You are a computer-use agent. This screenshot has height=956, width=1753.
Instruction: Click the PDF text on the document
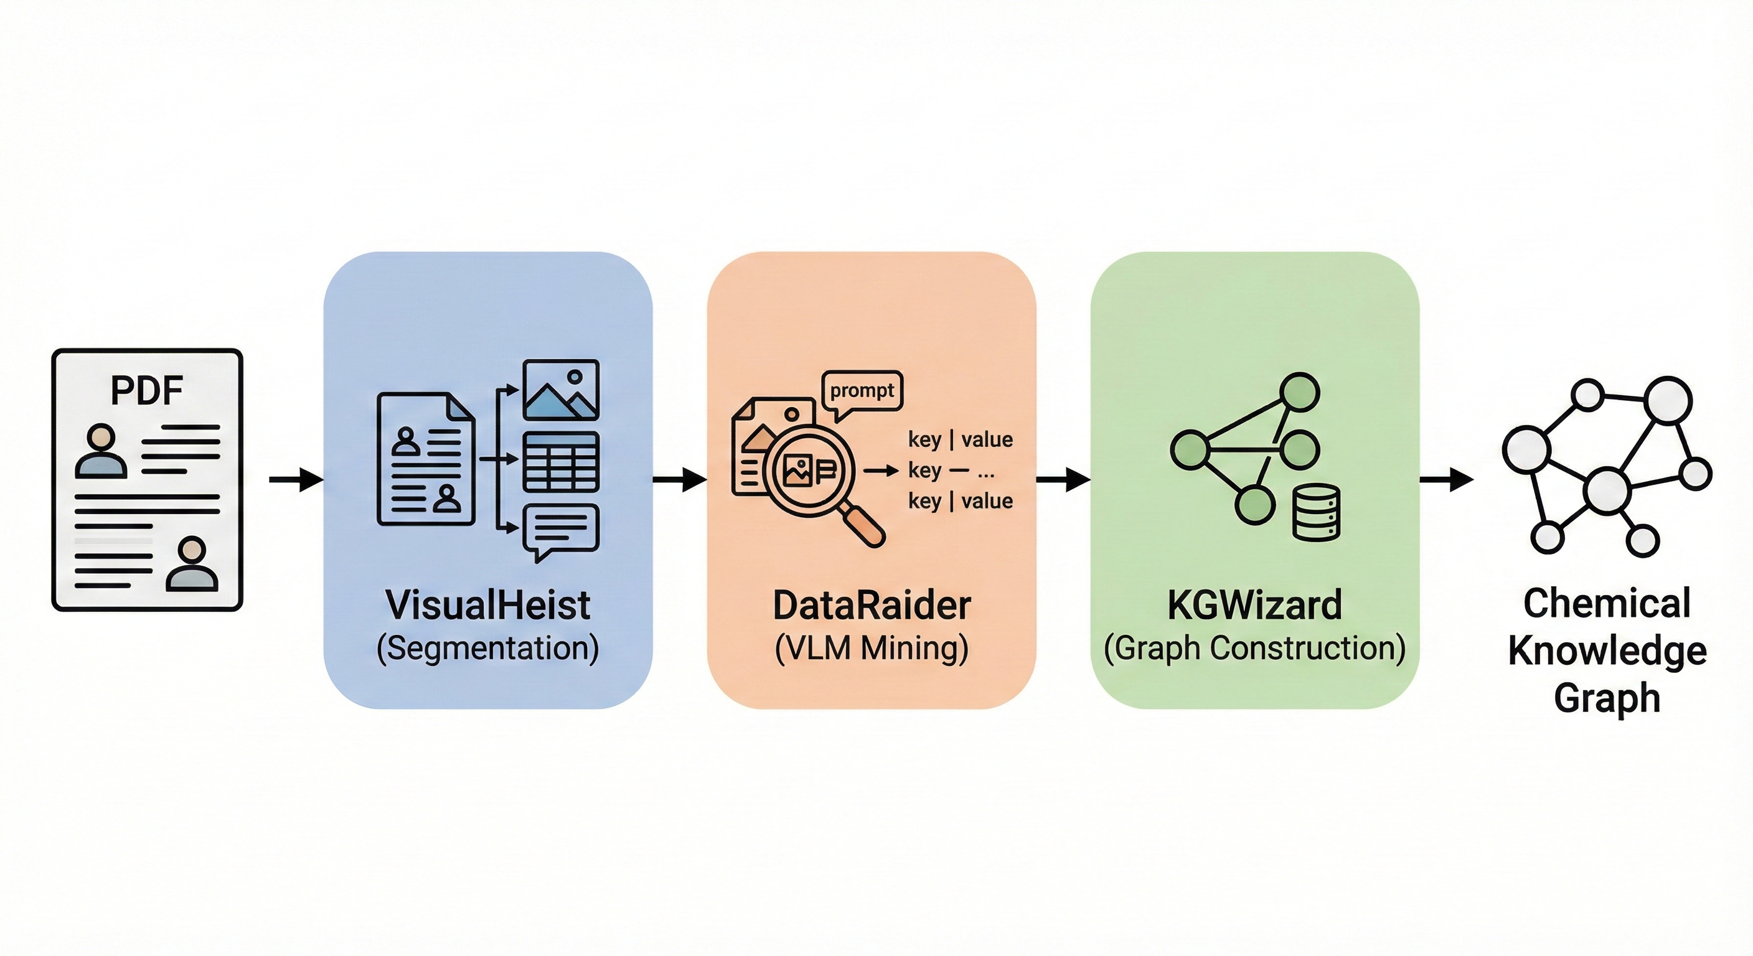pos(146,391)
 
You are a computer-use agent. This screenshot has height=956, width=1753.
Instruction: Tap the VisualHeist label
pos(487,605)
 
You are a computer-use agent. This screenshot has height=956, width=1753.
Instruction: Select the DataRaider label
pos(871,605)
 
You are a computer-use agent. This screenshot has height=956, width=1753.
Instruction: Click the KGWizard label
pos(1254,605)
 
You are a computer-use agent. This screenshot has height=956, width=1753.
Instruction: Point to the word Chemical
pos(1607,603)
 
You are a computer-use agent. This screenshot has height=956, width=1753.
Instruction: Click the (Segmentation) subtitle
pos(487,648)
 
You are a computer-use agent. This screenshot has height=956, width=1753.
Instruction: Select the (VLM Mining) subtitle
pos(871,648)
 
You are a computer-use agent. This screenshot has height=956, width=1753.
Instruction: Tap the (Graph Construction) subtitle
pos(1254,648)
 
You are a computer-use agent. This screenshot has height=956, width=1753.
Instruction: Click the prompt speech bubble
pos(862,392)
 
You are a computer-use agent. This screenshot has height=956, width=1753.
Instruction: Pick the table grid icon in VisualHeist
pos(561,462)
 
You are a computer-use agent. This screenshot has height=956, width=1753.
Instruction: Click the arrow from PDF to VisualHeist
pos(296,480)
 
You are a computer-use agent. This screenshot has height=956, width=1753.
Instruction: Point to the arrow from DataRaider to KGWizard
pos(1063,480)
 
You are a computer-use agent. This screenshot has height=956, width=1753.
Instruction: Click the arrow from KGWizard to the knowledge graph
pos(1446,480)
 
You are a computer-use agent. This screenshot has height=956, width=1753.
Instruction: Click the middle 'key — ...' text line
pos(951,470)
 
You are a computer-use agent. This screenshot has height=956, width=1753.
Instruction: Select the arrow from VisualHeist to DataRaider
pos(680,480)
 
